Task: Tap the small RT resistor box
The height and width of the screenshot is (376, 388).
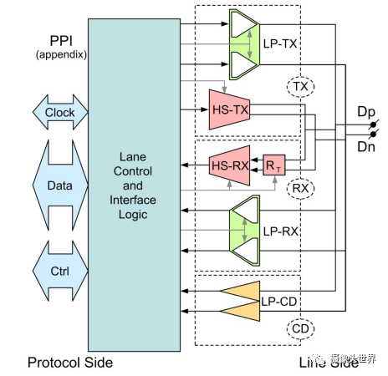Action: tap(273, 165)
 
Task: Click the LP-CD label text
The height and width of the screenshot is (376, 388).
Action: tap(278, 299)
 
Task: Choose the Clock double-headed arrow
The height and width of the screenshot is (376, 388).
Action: tap(59, 112)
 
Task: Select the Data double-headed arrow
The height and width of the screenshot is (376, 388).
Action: tap(59, 185)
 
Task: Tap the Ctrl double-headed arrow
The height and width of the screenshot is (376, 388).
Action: tap(59, 272)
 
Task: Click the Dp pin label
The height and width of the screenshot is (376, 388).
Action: tap(365, 111)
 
